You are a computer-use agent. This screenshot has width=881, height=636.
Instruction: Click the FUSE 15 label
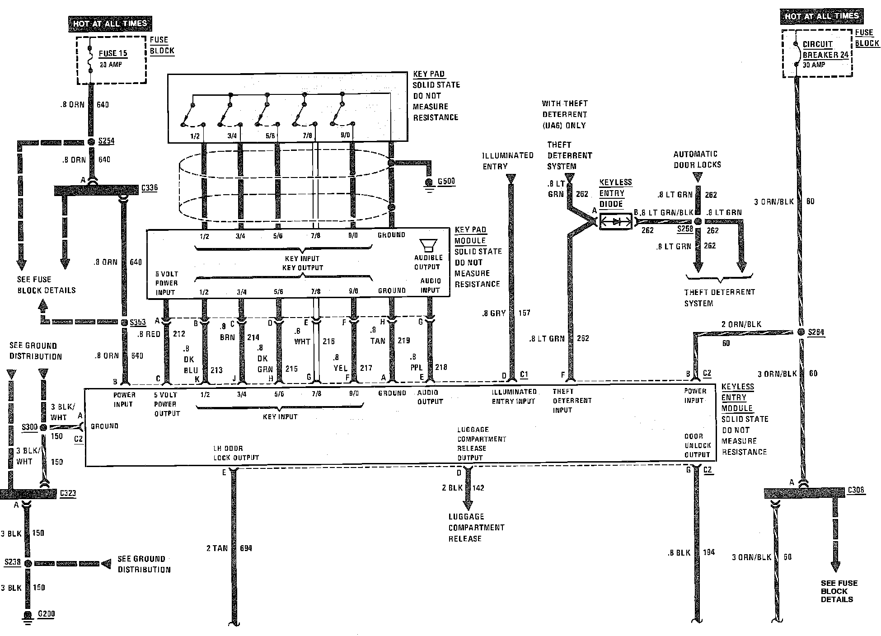(x=113, y=53)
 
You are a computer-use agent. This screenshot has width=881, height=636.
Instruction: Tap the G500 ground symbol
(x=429, y=183)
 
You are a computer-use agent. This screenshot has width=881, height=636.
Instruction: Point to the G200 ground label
(x=46, y=614)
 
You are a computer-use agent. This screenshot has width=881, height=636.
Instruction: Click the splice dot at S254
(x=91, y=142)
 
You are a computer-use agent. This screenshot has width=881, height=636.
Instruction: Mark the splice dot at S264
(x=801, y=332)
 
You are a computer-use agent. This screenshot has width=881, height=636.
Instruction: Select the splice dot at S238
(x=28, y=563)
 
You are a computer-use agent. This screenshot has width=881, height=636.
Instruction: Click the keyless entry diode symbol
(x=615, y=222)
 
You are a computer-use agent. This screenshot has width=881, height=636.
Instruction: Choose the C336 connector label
(x=149, y=188)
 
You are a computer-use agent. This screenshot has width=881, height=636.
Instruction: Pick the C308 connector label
(x=856, y=490)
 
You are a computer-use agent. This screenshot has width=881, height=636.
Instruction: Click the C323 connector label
(x=68, y=493)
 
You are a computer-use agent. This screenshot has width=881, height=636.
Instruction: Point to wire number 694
(x=246, y=548)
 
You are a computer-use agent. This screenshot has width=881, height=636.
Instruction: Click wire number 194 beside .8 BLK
(x=709, y=552)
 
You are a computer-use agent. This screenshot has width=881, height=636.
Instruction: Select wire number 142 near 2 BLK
(x=478, y=488)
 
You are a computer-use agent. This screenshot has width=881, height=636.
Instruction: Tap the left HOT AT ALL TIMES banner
(x=110, y=23)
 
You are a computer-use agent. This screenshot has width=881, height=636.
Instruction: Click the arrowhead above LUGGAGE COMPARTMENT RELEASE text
(x=468, y=504)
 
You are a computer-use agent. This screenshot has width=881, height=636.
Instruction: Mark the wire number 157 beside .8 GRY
(x=524, y=313)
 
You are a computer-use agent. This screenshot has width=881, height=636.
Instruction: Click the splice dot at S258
(x=698, y=222)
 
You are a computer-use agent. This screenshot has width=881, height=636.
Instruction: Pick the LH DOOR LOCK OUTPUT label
(x=236, y=453)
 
